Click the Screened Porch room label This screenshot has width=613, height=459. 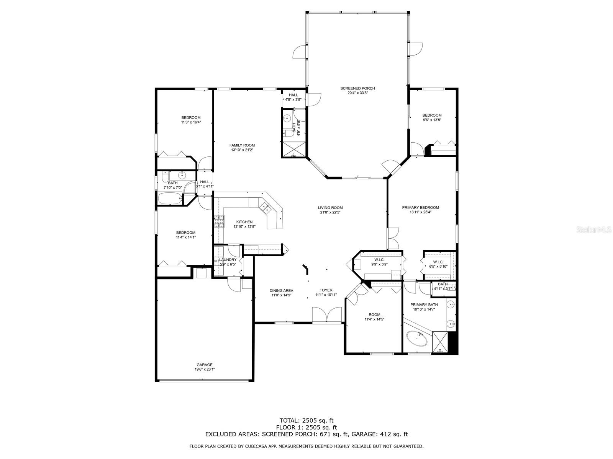tap(357, 88)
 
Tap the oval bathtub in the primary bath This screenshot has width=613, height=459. tap(417, 339)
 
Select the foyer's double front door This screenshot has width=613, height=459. tap(327, 315)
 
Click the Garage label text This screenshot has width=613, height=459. tap(205, 365)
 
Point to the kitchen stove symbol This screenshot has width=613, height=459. tap(219, 222)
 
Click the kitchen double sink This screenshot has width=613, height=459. tap(264, 208)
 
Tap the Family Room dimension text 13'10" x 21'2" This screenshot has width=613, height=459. tap(242, 150)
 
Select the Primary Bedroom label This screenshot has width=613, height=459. tap(420, 207)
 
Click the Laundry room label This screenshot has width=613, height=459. tap(228, 260)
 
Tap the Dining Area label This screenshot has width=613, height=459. tap(281, 291)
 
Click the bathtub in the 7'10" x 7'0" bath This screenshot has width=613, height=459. tap(170, 199)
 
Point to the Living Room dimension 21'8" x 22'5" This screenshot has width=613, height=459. tap(330, 212)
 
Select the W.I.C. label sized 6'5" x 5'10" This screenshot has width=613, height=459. tap(438, 262)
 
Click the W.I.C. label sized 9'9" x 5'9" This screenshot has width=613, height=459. tap(379, 260)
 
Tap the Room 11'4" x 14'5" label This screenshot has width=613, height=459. tap(374, 315)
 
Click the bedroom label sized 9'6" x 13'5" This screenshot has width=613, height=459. tap(432, 115)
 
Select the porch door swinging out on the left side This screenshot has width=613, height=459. tap(300, 52)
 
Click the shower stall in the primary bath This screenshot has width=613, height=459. tap(440, 342)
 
